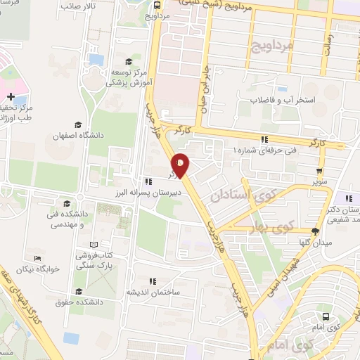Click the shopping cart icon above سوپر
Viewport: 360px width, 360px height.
pos(320,170)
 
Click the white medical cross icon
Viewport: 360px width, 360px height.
pos(11,96)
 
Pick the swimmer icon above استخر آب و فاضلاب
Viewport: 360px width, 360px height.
pos(281,89)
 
